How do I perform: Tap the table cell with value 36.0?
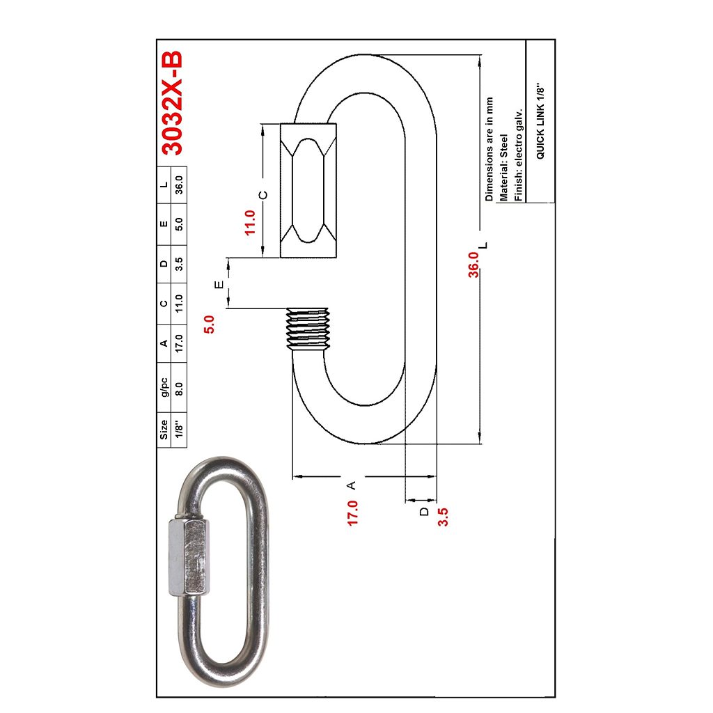[179, 186]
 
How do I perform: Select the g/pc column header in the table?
[164, 389]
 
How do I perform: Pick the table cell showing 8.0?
[179, 389]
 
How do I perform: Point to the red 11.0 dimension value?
[251, 222]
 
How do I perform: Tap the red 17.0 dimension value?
[353, 512]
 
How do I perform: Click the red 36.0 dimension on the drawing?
[473, 265]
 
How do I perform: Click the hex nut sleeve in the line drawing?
[308, 191]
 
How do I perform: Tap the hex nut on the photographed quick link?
[188, 556]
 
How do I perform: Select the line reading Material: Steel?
[503, 167]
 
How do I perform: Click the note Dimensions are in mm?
[489, 149]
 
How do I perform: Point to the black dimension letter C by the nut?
[263, 195]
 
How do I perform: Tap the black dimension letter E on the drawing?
[219, 284]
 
